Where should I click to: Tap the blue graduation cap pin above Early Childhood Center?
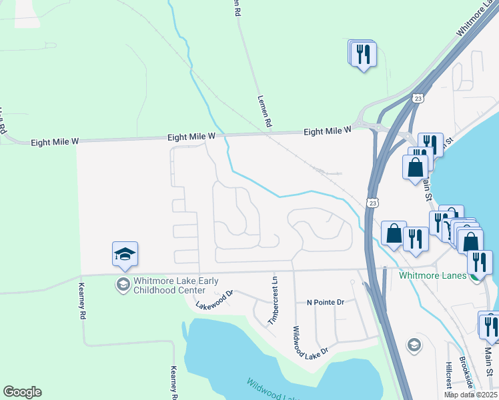click(125, 255)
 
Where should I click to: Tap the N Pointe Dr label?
click(325, 302)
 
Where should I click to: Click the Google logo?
click(22, 392)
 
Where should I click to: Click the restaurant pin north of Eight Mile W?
click(364, 55)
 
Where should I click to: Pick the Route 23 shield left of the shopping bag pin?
click(371, 201)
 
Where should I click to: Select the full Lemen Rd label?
click(264, 111)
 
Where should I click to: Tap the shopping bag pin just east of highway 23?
click(394, 233)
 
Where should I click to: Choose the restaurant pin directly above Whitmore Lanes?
click(480, 262)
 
